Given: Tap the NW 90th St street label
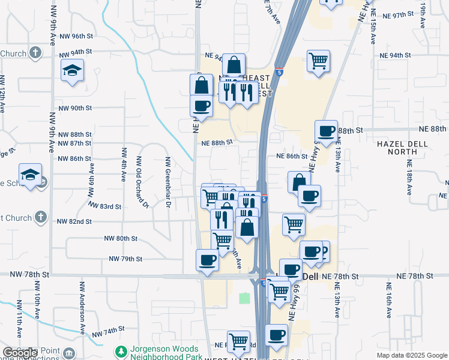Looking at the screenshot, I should [74, 109].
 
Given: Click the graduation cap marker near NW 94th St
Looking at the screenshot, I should [72, 71].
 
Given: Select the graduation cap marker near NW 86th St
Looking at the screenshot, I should [30, 174].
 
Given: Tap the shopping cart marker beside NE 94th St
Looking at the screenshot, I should [318, 61].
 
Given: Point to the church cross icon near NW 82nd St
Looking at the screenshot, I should [41, 216].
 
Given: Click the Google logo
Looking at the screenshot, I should [20, 353].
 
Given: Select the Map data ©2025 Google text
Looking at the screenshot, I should [411, 355].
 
